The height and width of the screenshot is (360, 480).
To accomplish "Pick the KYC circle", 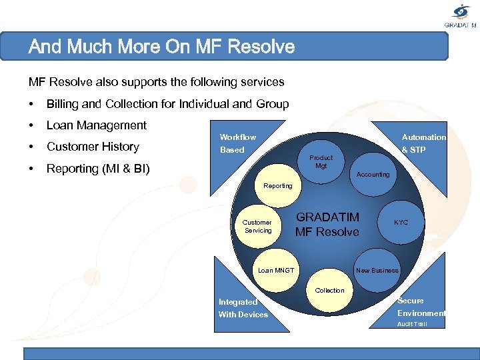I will [401, 222].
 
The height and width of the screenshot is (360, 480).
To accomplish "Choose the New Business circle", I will [377, 270].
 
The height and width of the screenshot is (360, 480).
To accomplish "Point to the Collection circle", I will [329, 290].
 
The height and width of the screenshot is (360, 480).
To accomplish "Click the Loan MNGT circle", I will [275, 270].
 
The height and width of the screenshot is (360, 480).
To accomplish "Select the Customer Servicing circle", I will [257, 226].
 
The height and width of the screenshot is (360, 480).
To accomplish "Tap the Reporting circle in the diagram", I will [277, 185].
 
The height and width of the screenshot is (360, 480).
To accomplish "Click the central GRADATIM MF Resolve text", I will [327, 225].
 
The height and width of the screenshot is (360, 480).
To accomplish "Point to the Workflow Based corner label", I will [237, 143].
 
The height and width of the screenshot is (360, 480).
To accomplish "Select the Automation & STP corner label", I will [423, 143].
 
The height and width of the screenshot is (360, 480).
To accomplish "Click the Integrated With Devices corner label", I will [243, 308].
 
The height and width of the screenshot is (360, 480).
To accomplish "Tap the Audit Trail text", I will [412, 324].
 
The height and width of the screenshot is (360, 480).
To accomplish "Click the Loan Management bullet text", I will [97, 125].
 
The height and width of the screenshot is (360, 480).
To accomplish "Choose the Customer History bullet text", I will [93, 147].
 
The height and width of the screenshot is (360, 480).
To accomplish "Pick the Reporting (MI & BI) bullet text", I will [98, 169].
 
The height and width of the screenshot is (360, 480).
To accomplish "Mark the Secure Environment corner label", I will [421, 307].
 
